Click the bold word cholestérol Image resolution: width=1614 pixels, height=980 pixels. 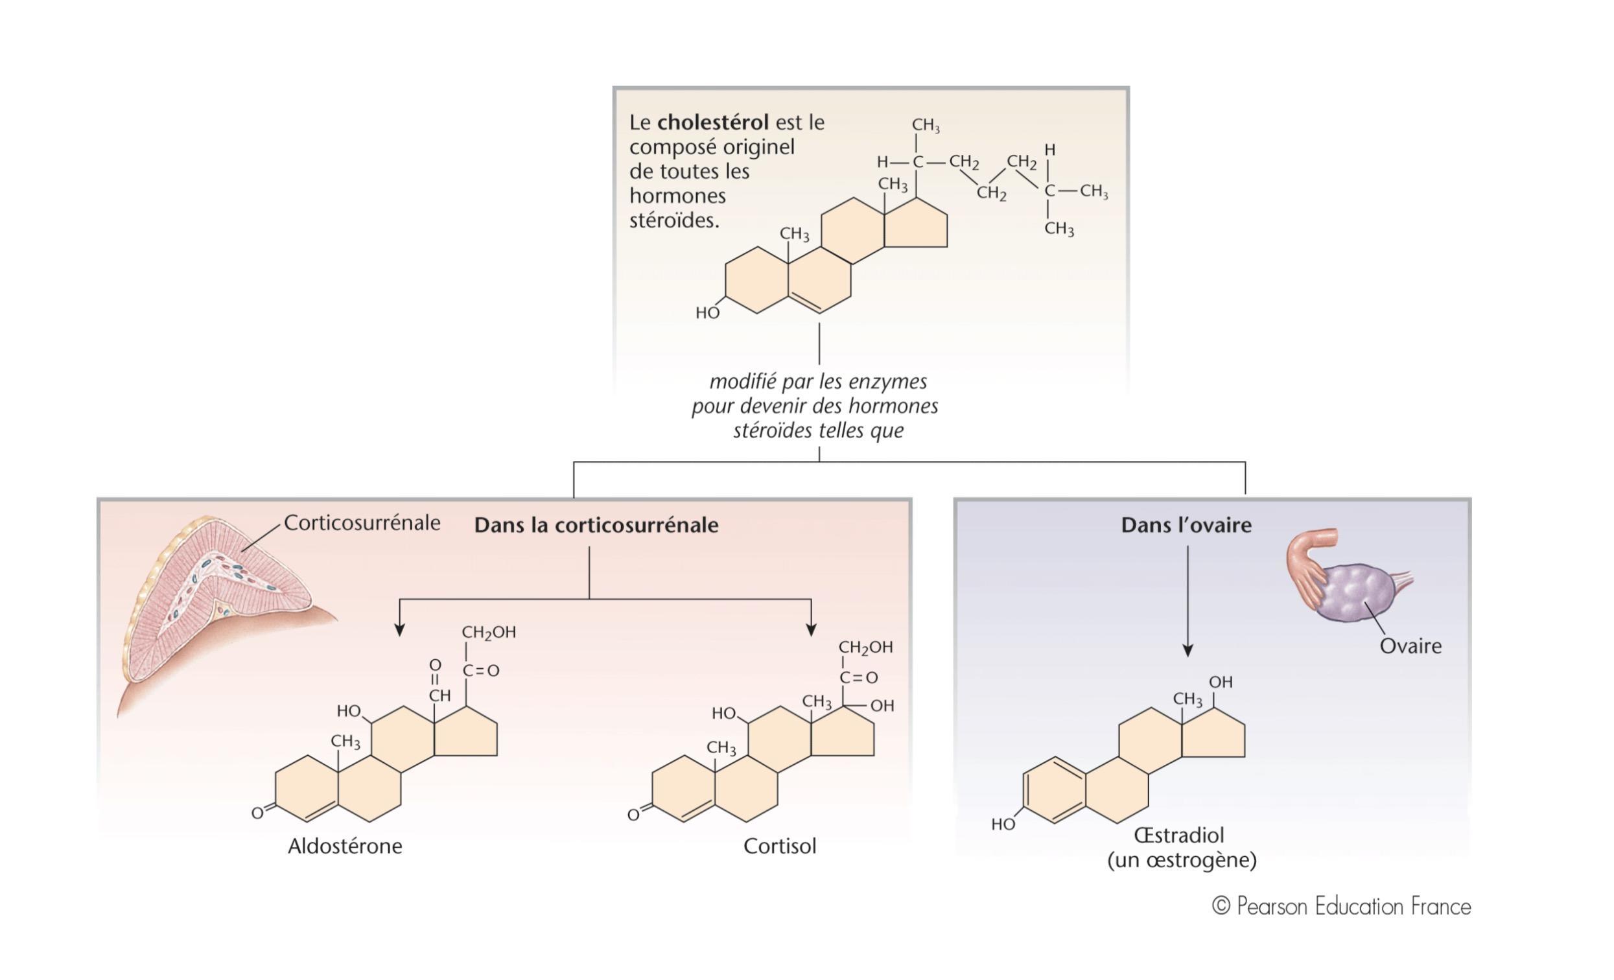coord(712,122)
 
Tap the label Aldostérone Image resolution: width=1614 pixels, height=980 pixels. coord(345,846)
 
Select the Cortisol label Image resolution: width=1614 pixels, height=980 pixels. coord(780,846)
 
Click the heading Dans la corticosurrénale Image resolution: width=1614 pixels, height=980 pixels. coord(596,526)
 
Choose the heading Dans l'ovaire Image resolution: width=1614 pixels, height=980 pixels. coord(1186,526)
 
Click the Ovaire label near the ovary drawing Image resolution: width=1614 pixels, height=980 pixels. coord(1410,647)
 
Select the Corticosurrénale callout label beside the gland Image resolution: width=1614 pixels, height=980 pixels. coord(362,523)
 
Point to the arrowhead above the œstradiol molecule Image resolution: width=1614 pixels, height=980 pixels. coord(1187,650)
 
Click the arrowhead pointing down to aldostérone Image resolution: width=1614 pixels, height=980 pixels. coord(399,629)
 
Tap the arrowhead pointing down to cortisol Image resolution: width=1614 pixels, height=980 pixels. coord(811,629)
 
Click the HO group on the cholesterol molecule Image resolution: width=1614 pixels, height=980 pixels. coord(707,313)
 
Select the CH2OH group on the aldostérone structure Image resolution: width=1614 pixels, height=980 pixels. coord(489,632)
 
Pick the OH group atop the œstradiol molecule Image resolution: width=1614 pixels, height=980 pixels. coord(1221,682)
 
